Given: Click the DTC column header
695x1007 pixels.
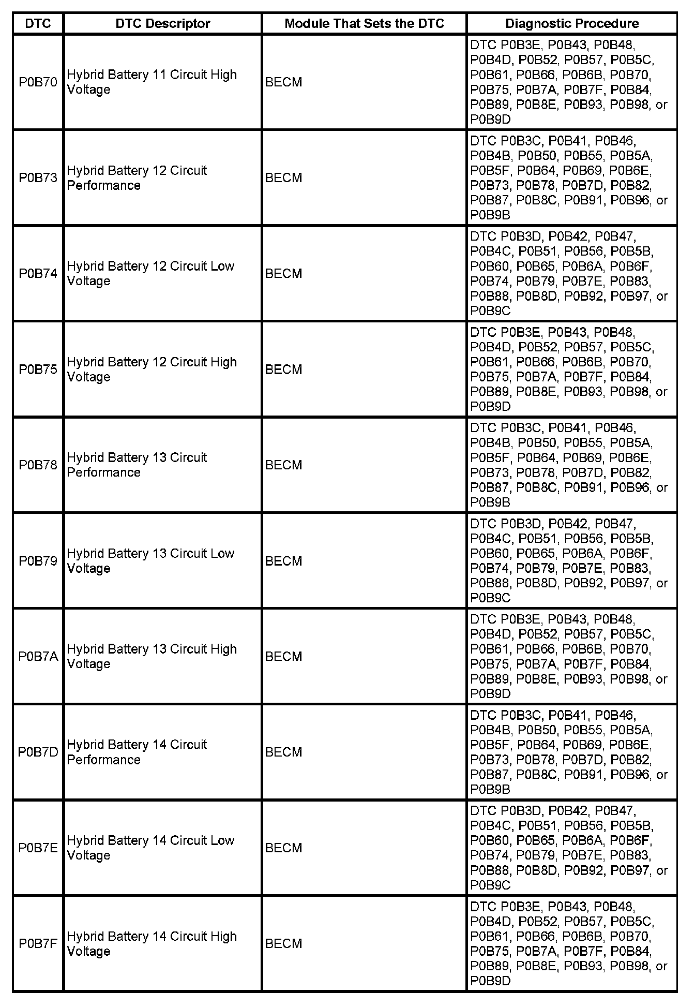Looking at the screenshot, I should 38,23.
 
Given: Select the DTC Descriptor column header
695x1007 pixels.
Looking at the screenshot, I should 162,23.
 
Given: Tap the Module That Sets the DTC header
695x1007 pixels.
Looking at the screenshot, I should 364,23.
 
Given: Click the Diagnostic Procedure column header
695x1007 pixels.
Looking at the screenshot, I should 571,23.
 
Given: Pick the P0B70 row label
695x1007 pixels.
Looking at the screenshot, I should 38,82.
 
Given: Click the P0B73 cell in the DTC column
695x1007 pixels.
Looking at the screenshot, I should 38,178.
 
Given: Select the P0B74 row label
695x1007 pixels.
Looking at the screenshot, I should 38,274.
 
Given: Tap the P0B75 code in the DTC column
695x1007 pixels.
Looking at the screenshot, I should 38,369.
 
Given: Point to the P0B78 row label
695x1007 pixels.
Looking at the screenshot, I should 38,465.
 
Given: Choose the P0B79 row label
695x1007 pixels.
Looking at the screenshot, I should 38,561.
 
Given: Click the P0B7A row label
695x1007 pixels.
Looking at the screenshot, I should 38,657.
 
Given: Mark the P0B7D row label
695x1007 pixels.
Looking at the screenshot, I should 38,752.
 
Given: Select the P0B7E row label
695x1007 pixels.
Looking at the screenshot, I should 38,848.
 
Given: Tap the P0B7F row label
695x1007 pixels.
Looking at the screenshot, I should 38,944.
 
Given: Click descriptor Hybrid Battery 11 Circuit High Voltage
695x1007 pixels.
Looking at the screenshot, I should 152,82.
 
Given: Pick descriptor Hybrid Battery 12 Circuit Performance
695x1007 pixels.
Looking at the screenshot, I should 137,178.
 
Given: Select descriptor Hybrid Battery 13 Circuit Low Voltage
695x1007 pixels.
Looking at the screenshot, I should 150,561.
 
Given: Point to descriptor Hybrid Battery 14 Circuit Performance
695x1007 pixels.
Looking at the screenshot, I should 137,752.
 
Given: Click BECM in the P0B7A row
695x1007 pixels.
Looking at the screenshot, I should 283,657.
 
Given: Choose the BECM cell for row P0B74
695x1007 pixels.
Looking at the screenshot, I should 283,274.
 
